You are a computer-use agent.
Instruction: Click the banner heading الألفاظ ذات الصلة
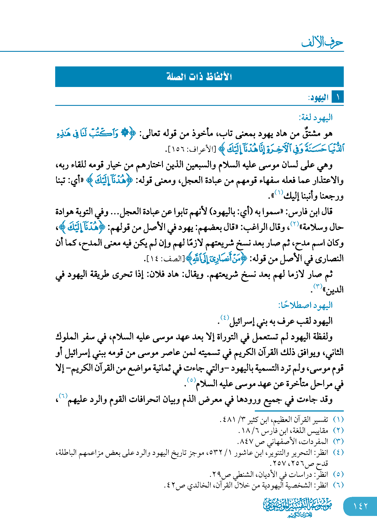(199, 77)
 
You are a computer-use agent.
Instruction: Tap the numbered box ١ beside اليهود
(338, 97)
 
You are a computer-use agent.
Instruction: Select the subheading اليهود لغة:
(316, 117)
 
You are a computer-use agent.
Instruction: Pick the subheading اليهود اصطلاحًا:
(305, 305)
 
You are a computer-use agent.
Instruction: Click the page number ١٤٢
(360, 506)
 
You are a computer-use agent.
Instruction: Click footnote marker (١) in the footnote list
(338, 420)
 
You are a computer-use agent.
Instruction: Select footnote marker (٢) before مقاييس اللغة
(338, 430)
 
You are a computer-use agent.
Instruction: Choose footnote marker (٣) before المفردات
(338, 441)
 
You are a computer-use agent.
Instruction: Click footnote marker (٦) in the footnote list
(338, 485)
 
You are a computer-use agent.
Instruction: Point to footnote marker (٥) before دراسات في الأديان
(338, 474)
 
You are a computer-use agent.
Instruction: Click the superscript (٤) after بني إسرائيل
(225, 317)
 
